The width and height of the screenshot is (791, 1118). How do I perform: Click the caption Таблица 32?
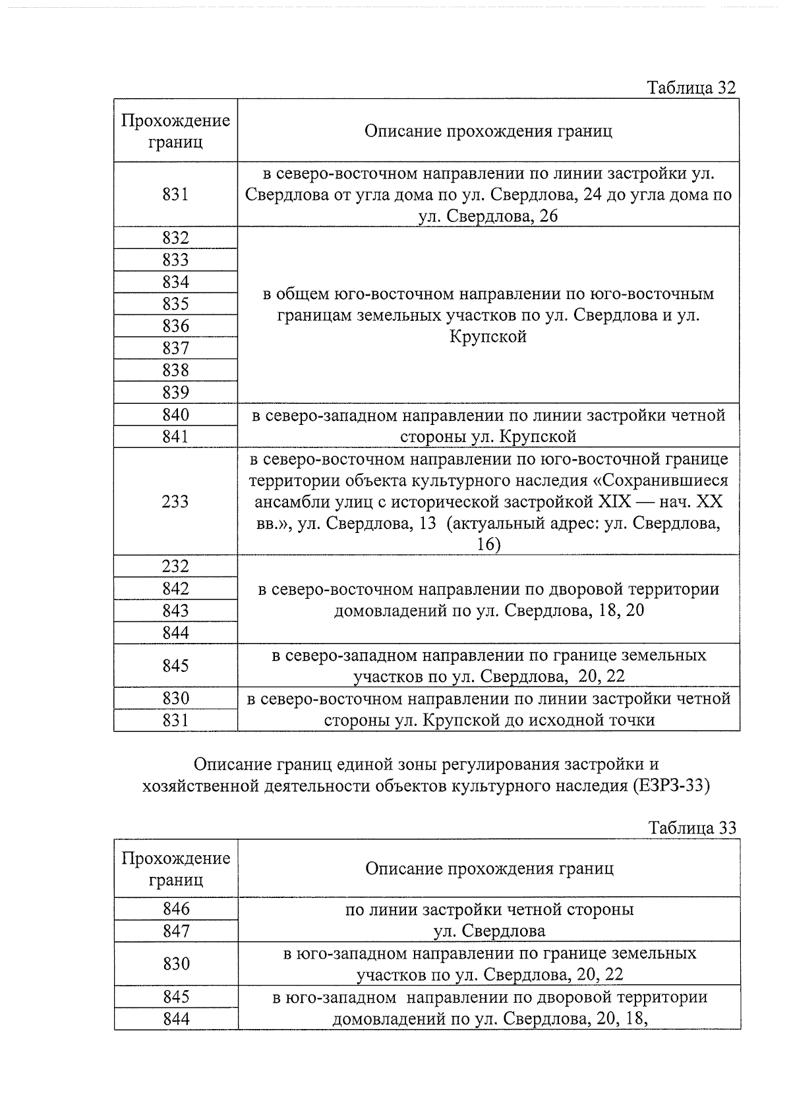691,88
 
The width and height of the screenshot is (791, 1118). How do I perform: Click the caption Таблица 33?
691,828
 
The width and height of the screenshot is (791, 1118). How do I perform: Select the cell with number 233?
175,502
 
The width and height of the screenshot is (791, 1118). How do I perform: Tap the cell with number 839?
175,393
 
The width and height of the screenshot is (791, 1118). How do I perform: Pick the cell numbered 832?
175,238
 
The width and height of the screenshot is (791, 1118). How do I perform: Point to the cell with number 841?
175,437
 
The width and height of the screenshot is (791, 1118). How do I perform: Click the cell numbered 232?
175,567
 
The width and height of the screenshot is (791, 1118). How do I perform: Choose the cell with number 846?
176,909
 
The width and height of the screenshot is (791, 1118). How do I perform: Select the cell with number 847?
176,931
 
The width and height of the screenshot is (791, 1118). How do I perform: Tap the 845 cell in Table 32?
175,665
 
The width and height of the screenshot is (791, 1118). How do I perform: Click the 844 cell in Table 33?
176,1019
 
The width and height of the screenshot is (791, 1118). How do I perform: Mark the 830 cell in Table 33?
176,964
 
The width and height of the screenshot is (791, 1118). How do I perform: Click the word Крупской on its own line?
488,337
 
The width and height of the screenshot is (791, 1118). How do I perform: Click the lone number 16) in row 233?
488,545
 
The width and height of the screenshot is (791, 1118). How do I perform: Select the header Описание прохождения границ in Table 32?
488,131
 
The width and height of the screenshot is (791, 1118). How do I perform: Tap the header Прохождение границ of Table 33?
176,868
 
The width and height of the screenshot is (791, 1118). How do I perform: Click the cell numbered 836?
175,326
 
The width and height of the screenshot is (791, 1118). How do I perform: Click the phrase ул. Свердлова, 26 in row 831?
488,216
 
